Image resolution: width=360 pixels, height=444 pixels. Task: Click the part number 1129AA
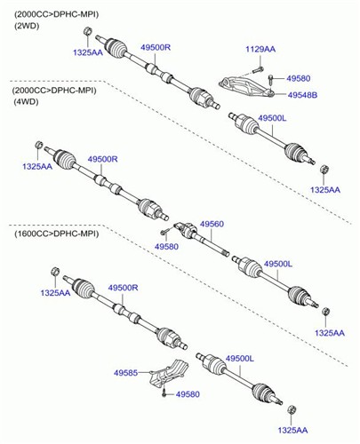[260, 49]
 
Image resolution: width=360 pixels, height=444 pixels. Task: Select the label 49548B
[302, 95]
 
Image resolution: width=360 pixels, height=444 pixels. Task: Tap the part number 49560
[212, 224]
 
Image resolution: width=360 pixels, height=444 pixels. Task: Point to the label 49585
[126, 373]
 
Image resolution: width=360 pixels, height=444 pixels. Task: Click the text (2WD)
[27, 26]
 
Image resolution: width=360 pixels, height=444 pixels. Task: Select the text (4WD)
[26, 102]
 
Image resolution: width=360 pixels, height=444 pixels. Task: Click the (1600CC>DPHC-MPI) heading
[56, 234]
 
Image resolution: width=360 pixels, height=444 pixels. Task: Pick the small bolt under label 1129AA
[259, 70]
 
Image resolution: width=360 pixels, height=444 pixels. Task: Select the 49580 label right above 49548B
[299, 78]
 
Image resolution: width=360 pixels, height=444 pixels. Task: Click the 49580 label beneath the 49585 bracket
[188, 394]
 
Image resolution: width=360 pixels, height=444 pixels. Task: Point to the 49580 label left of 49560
[166, 247]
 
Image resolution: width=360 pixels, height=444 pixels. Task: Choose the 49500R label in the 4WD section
[102, 159]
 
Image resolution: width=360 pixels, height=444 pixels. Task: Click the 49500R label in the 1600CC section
[123, 288]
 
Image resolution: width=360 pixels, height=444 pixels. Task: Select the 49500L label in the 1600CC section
[240, 359]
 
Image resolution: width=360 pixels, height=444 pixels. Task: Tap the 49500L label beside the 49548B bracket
[272, 118]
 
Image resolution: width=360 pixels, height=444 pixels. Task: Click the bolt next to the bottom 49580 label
[164, 392]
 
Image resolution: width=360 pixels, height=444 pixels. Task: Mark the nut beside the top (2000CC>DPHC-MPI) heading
[87, 31]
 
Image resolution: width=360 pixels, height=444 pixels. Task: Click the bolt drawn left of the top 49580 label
[271, 79]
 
